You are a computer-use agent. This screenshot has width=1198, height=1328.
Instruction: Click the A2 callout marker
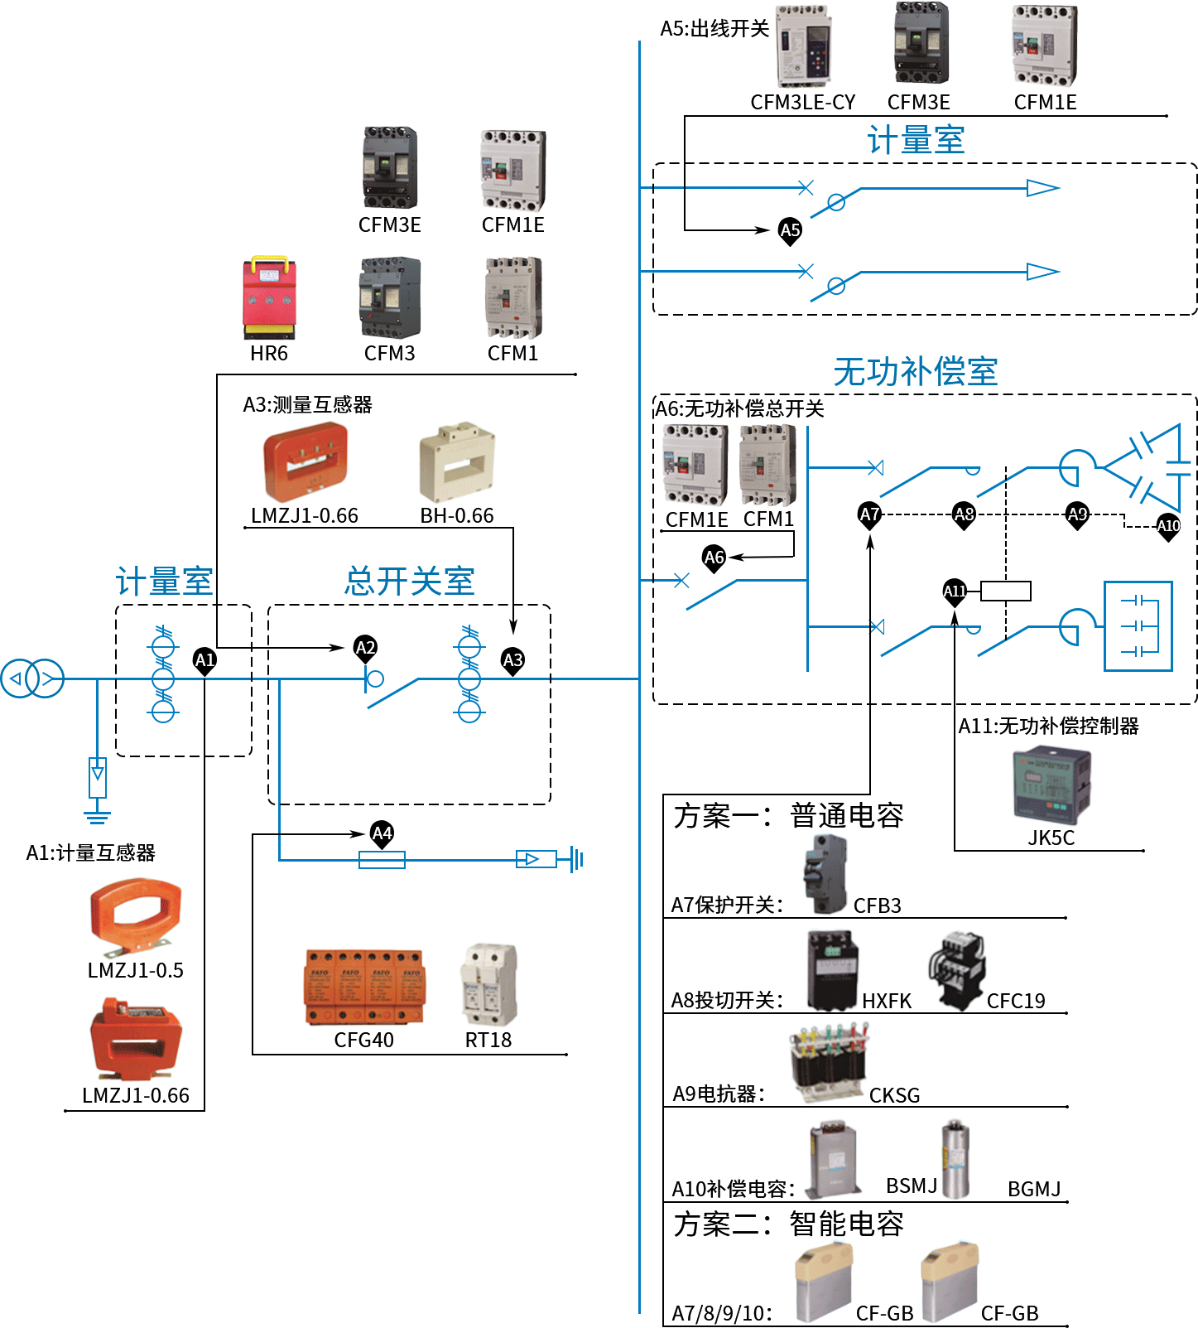click(x=365, y=648)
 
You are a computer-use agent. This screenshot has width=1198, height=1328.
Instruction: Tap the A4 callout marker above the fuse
click(x=382, y=833)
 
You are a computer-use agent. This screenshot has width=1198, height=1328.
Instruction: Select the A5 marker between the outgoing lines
click(x=791, y=230)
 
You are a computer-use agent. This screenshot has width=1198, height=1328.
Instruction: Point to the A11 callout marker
click(x=955, y=592)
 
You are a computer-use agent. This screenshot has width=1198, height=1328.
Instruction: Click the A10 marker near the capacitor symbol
click(x=1168, y=526)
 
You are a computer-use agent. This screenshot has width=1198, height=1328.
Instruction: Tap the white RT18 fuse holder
click(x=488, y=983)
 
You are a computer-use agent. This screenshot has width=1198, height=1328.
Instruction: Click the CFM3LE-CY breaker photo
click(x=803, y=46)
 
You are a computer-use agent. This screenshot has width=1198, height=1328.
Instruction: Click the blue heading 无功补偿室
click(x=915, y=372)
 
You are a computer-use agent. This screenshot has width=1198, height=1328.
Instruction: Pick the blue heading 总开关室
click(x=410, y=582)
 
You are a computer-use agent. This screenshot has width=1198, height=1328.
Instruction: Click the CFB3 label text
click(x=878, y=905)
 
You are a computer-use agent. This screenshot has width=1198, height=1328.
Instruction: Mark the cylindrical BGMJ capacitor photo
click(x=955, y=1160)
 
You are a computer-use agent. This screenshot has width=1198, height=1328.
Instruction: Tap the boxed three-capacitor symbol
click(x=1138, y=626)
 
